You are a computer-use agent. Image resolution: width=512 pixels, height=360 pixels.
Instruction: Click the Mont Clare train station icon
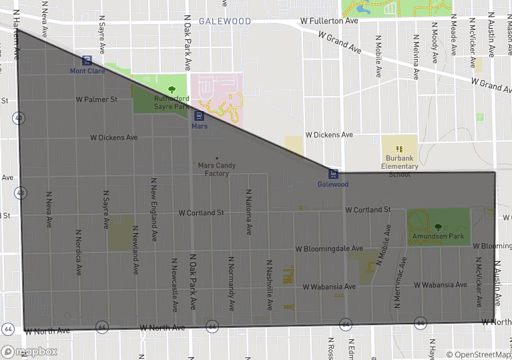coord(87,60)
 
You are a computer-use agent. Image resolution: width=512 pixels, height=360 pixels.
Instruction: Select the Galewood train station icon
coord(334,174)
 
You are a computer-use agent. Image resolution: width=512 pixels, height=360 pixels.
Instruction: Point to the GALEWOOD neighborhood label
coord(224,21)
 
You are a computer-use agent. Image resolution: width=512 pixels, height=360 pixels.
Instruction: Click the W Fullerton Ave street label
coord(329,21)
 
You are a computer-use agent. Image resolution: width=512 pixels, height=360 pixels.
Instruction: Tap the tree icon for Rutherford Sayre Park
coord(172,89)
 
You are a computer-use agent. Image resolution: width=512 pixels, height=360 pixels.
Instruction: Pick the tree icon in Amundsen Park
coord(438,228)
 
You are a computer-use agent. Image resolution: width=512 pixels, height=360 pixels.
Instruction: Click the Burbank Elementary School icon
coord(399,148)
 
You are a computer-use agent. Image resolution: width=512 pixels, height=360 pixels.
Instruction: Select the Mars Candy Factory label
coord(214,169)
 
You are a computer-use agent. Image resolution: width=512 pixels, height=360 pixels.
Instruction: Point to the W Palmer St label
coord(96,100)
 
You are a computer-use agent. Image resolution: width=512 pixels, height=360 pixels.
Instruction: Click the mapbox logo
coord(29,351)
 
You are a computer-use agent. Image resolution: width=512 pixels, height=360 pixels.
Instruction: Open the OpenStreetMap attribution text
coord(479,355)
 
